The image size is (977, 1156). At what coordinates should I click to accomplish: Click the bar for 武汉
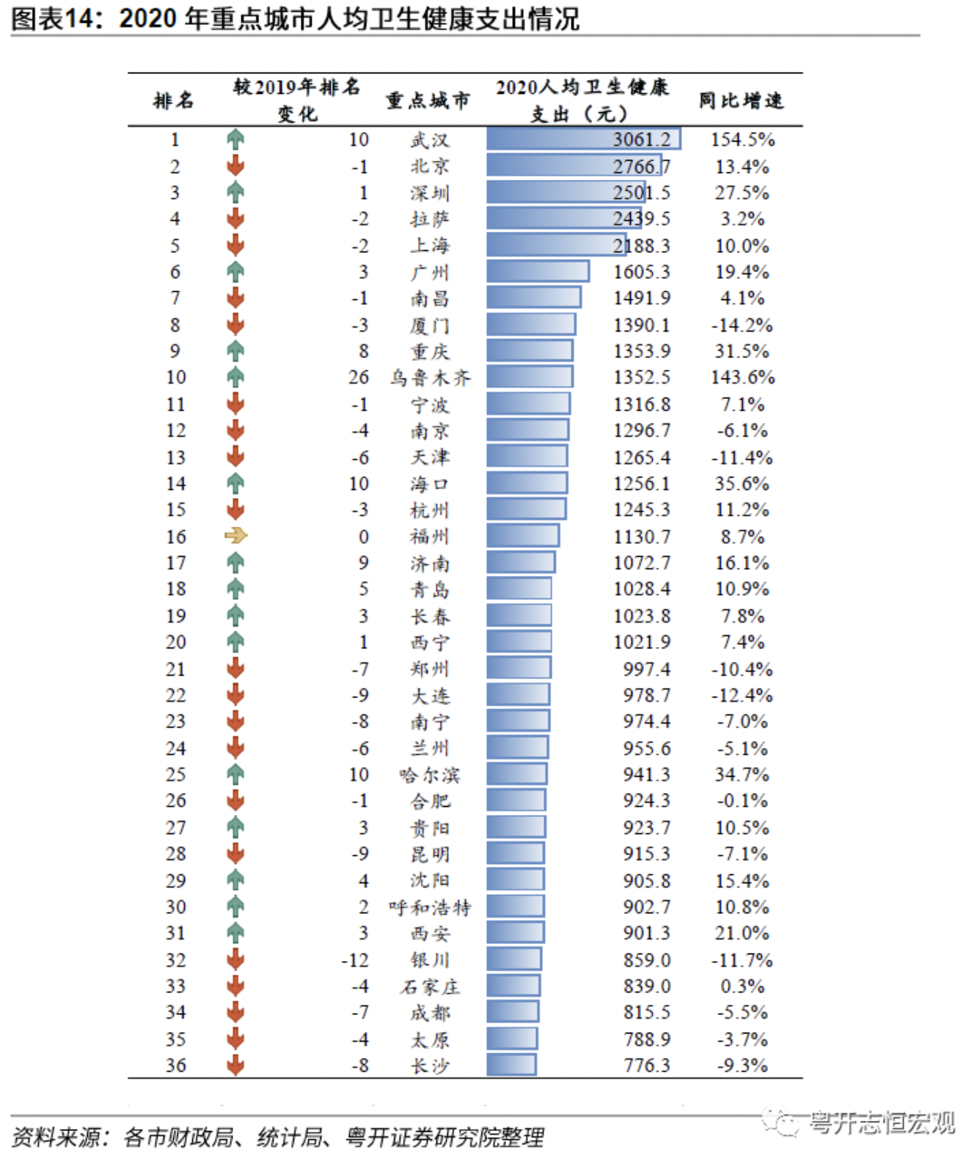[583, 139]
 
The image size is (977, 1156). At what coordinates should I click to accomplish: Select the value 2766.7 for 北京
[641, 167]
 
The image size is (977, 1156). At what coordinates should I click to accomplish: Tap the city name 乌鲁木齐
[430, 378]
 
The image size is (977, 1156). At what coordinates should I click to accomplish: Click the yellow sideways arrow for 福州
[235, 536]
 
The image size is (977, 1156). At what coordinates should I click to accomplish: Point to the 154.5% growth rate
[742, 139]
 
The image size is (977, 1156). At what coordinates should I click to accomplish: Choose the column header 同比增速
[741, 100]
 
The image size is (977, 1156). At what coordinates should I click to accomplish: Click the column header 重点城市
[428, 100]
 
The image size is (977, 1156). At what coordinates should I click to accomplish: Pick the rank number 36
[176, 1065]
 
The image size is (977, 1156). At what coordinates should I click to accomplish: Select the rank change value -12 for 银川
[355, 960]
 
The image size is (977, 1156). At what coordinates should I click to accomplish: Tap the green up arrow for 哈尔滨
[235, 774]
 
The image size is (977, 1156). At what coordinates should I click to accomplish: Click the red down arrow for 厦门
[235, 324]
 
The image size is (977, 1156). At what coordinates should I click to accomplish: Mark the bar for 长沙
[511, 1065]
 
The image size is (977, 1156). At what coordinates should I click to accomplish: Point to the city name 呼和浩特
[430, 907]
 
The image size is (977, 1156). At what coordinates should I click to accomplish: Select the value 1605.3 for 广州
[641, 272]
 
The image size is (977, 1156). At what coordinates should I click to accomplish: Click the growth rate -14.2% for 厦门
[742, 325]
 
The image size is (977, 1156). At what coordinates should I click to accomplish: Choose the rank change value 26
[358, 377]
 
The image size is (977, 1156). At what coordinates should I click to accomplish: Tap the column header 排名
[174, 100]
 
